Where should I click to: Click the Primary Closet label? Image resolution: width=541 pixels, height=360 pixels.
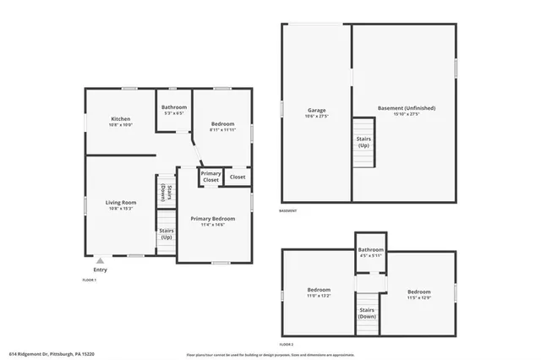pyautogui.click(x=210, y=177)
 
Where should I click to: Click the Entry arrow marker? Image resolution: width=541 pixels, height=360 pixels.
pyautogui.click(x=101, y=261)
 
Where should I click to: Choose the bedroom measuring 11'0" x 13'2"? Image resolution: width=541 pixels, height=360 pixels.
pyautogui.click(x=318, y=293)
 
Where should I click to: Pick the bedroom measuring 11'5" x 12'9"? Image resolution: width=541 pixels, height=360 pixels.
pyautogui.click(x=419, y=294)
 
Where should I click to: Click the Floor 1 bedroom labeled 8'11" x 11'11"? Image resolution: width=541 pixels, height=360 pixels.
pyautogui.click(x=222, y=127)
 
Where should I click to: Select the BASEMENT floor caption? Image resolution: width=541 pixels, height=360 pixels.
pyautogui.click(x=288, y=211)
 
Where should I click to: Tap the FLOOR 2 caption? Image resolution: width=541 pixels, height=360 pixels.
pyautogui.click(x=287, y=344)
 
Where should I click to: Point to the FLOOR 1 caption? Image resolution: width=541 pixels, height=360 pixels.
pyautogui.click(x=90, y=280)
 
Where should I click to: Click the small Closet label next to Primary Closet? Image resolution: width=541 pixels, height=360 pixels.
pyautogui.click(x=238, y=177)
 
